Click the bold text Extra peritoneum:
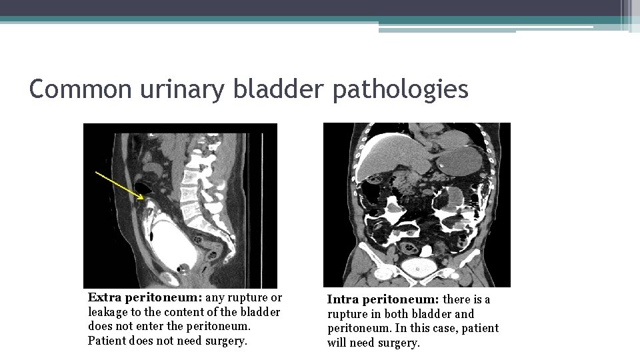(145, 297)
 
